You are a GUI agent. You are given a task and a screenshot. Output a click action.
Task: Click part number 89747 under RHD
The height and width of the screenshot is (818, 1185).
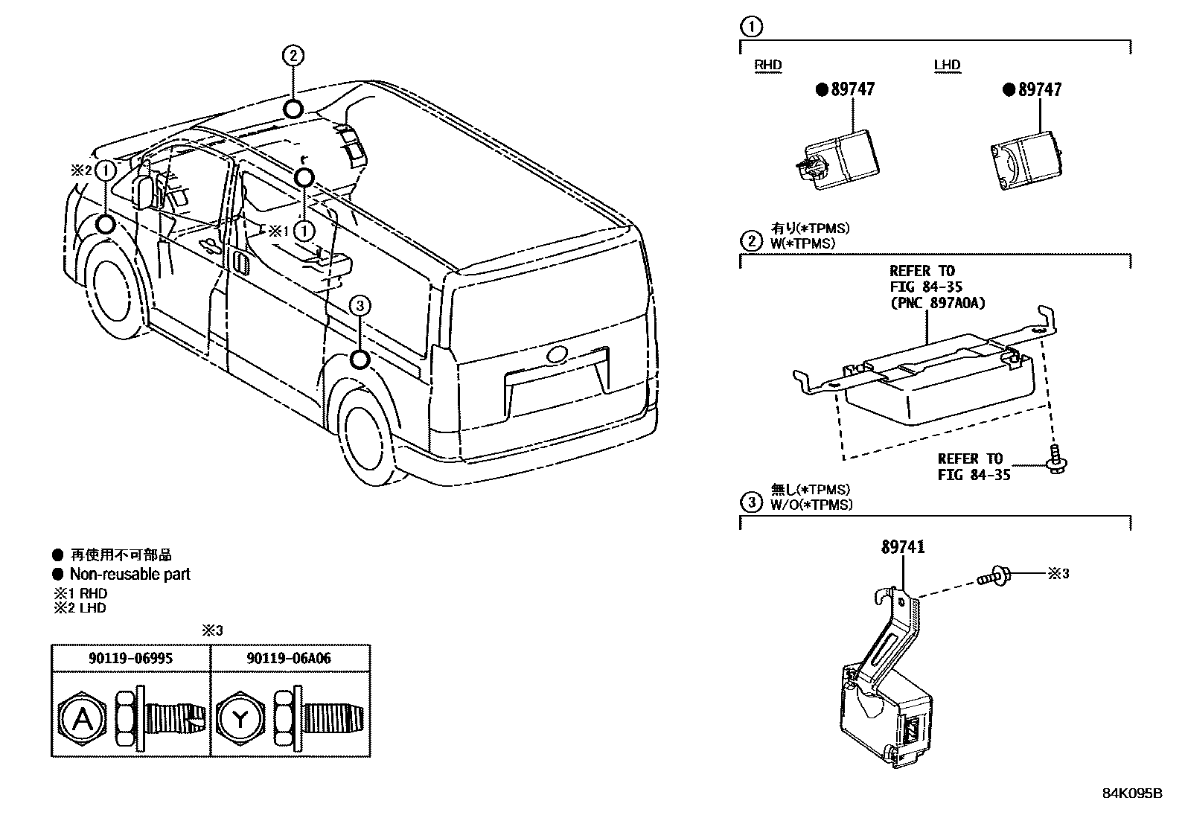(x=852, y=89)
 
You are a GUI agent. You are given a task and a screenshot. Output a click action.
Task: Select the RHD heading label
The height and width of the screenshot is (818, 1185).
(x=768, y=65)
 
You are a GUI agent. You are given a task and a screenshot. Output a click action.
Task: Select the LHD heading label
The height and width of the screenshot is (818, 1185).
(x=947, y=65)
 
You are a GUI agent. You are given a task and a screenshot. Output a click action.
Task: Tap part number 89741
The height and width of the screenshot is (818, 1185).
(x=903, y=547)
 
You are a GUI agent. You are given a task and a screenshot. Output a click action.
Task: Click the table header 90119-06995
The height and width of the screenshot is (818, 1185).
(x=130, y=658)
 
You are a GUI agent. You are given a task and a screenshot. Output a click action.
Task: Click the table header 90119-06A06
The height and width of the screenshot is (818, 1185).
(x=291, y=658)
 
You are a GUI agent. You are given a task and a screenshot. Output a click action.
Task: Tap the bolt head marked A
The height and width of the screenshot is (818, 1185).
(x=84, y=719)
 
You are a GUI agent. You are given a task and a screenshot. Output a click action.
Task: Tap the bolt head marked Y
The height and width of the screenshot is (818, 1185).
(x=241, y=719)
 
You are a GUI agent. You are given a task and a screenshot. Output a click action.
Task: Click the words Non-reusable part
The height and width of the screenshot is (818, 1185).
(x=130, y=574)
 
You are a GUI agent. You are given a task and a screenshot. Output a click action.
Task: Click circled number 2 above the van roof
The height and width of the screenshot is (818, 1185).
(x=293, y=55)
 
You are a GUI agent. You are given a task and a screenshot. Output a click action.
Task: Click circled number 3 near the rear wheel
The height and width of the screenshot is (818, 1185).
(x=360, y=305)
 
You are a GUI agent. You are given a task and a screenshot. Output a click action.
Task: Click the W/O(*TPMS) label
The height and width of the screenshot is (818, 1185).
(x=811, y=505)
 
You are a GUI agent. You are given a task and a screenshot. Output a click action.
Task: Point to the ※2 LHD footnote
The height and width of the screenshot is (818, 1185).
(x=80, y=608)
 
